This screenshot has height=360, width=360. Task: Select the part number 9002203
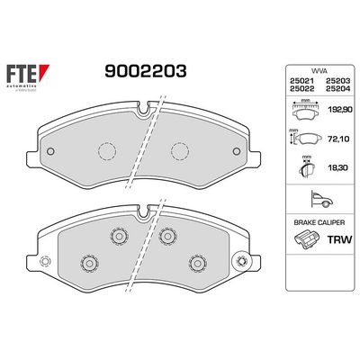click(x=148, y=71)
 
